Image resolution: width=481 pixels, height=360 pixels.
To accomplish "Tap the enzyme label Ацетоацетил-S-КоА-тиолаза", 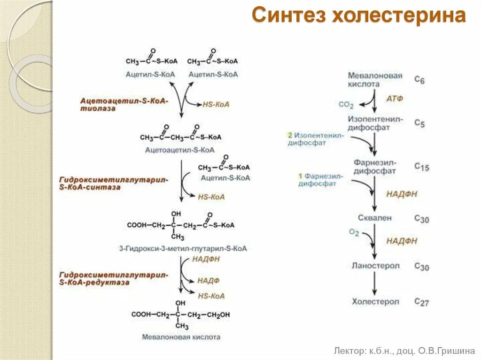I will click(124, 104).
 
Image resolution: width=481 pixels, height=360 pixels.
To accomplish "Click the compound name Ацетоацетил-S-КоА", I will click(179, 150).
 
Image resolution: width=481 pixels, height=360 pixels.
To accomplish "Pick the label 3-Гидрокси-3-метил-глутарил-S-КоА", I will click(183, 248).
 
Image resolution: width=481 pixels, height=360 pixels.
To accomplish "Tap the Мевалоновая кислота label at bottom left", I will click(181, 337).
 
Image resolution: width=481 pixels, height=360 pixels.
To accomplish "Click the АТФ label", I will click(395, 99).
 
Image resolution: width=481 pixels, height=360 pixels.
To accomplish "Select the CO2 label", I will click(346, 105).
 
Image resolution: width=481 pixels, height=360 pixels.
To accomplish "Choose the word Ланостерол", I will click(375, 266).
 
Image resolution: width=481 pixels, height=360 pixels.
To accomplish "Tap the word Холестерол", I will click(375, 301).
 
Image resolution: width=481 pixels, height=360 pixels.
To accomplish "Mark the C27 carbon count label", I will click(421, 302).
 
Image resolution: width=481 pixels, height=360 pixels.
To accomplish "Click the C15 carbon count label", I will click(421, 167).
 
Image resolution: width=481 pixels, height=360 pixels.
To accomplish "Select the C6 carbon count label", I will click(419, 80).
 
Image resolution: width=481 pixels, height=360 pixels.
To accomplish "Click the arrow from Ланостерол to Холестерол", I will click(375, 283).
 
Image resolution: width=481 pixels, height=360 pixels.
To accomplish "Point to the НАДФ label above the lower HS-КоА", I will click(208, 280).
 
